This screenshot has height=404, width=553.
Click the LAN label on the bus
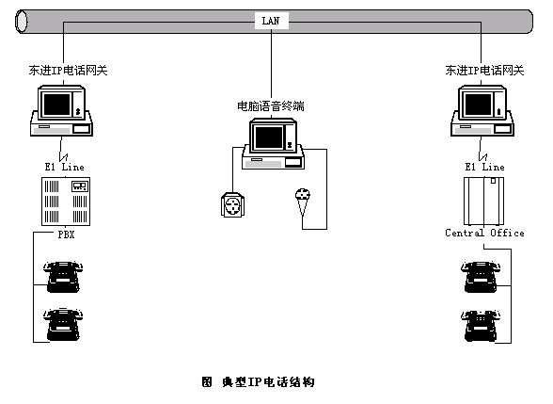[271, 21]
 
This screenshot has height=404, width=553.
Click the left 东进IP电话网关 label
[68, 71]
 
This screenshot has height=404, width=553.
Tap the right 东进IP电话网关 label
[484, 71]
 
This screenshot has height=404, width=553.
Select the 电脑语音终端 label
[271, 105]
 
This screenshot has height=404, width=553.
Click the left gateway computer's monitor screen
[56, 105]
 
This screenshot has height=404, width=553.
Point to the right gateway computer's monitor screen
[478, 105]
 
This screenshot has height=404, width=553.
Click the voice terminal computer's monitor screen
[269, 137]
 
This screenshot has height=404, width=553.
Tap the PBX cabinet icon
[66, 202]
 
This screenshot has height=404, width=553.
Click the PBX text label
[66, 234]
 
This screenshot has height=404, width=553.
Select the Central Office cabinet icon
[483, 202]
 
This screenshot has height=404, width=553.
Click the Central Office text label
[484, 233]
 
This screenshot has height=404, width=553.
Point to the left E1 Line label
[65, 167]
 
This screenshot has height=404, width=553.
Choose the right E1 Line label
[485, 167]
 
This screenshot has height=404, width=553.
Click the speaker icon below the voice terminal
[232, 205]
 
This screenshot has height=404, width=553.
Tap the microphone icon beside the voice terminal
[303, 202]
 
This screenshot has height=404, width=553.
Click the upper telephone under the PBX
[63, 277]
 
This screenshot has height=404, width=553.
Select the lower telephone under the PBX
[63, 325]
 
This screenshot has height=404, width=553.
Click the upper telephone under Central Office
[481, 277]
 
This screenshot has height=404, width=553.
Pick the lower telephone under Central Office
[481, 326]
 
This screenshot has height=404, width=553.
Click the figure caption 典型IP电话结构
[268, 381]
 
